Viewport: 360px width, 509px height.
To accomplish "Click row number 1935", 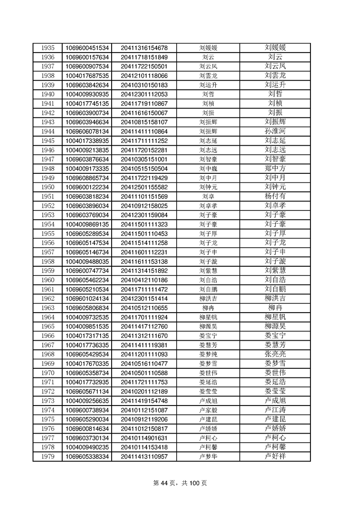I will [x=48, y=48].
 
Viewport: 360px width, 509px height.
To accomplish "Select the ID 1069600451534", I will [x=87, y=48].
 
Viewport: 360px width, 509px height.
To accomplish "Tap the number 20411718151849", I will [x=144, y=57].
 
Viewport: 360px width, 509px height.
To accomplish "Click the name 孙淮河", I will [x=275, y=131].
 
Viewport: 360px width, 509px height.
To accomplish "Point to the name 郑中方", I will [x=275, y=168].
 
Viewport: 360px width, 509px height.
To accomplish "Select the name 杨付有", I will [x=275, y=196].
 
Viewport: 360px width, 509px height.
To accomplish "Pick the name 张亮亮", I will [x=275, y=354].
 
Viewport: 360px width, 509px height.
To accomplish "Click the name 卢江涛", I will [x=275, y=410].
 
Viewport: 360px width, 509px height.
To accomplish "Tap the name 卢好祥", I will [x=275, y=456].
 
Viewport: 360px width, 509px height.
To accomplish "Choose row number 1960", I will [x=48, y=280].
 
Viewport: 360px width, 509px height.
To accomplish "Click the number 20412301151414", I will [x=144, y=299].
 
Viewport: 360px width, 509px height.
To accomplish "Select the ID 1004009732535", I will [x=87, y=317].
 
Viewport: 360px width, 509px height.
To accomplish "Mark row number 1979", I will [x=48, y=456].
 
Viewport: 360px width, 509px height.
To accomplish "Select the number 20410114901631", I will [x=144, y=438].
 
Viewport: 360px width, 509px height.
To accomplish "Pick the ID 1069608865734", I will [x=87, y=177].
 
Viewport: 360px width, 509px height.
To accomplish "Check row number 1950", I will [x=48, y=187].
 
